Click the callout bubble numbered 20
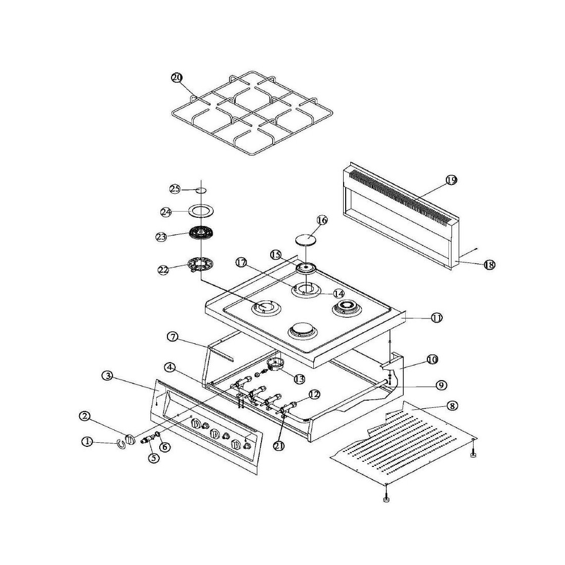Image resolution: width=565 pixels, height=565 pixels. pyautogui.click(x=177, y=78)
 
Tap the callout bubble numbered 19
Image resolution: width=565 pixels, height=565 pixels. pyautogui.click(x=451, y=180)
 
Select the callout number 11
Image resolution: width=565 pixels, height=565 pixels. pyautogui.click(x=437, y=318)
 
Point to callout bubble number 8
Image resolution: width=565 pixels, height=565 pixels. pyautogui.click(x=451, y=406)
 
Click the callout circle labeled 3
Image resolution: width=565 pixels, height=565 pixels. pyautogui.click(x=107, y=375)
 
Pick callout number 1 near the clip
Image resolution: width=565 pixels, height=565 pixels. pyautogui.click(x=88, y=441)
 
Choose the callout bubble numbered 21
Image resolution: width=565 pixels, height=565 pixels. pyautogui.click(x=279, y=446)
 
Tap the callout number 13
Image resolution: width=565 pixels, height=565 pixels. pyautogui.click(x=298, y=379)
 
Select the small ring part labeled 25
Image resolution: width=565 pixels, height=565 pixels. pyautogui.click(x=201, y=190)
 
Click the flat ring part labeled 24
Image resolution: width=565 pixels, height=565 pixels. pyautogui.click(x=201, y=211)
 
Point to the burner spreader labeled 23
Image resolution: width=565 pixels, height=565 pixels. pyautogui.click(x=201, y=234)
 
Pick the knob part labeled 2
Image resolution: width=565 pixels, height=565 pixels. pyautogui.click(x=131, y=440)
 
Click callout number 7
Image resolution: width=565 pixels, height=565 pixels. pyautogui.click(x=173, y=337)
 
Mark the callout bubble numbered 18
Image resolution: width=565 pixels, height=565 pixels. pyautogui.click(x=489, y=265)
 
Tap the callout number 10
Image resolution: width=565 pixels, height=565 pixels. pyautogui.click(x=432, y=360)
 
